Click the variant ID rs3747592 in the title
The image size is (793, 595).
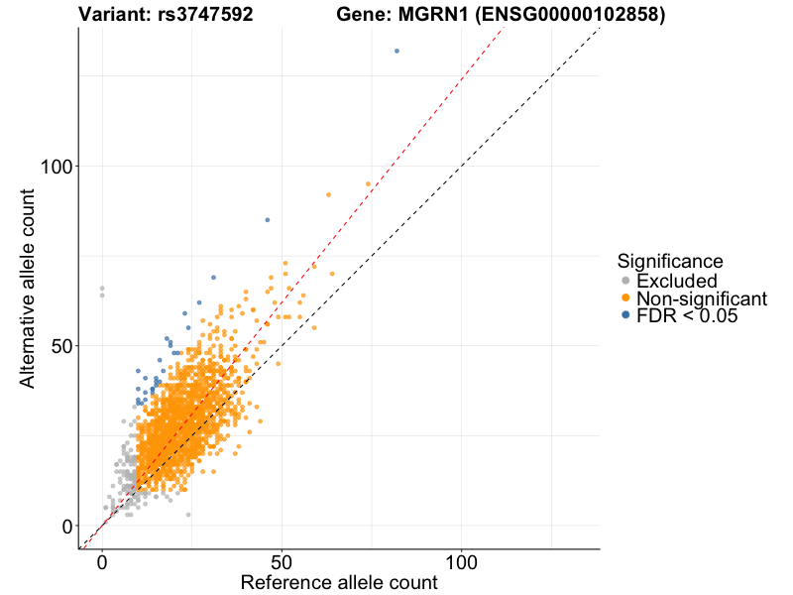tap(205, 15)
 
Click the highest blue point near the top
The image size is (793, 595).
tap(396, 51)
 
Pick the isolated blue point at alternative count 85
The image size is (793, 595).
tap(268, 219)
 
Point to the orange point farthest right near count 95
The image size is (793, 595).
tap(369, 183)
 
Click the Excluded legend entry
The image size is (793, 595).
tap(676, 281)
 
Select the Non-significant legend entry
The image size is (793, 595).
tap(701, 298)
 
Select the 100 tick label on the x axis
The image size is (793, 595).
tap(462, 560)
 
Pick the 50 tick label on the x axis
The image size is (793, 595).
tap(283, 560)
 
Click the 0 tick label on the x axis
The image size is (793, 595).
tap(102, 560)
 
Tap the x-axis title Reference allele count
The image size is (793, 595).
tap(339, 582)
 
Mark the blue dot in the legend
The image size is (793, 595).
tap(625, 316)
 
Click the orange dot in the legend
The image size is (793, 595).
tap(625, 298)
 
